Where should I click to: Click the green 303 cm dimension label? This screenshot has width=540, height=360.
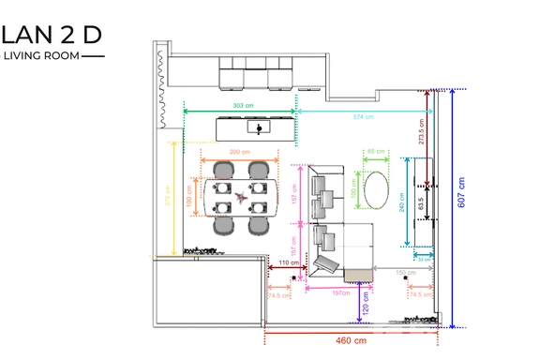[240, 106]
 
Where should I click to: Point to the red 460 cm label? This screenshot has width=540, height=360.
[351, 340]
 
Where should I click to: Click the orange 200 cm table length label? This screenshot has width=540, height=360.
[239, 152]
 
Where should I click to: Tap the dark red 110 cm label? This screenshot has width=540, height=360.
[289, 263]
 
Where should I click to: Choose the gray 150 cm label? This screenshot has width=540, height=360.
[405, 273]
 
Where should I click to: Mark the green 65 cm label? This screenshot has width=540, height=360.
[375, 151]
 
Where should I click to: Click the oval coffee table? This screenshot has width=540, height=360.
[377, 189]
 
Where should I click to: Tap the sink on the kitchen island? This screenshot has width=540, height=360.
[256, 126]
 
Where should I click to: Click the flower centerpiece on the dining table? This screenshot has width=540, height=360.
[240, 197]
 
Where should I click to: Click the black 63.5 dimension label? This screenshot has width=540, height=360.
[423, 202]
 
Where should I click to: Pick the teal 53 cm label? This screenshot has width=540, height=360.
[423, 260]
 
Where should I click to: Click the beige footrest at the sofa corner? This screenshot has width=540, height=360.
[356, 274]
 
